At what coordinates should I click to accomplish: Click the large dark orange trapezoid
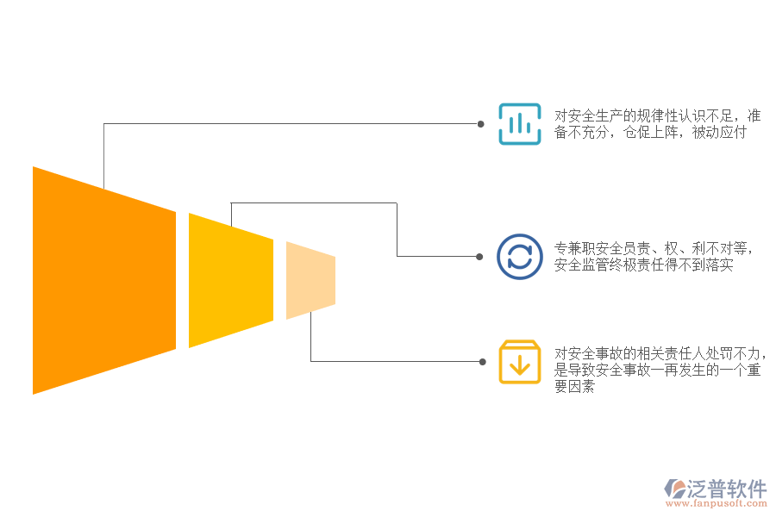(104, 281)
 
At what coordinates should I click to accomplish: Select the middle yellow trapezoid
(231, 281)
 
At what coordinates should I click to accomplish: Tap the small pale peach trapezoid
(310, 281)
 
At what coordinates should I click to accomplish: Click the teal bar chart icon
(520, 124)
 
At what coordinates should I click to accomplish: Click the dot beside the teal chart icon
(480, 124)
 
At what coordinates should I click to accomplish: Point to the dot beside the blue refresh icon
(479, 257)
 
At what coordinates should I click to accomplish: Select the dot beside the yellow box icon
(483, 362)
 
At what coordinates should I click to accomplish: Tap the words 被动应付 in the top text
(718, 132)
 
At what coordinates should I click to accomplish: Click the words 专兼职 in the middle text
(574, 248)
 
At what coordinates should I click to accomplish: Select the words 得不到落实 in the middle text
(698, 265)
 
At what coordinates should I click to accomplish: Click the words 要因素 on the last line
(574, 386)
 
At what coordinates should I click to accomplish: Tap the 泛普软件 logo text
(727, 489)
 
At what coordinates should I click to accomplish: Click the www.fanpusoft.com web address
(716, 503)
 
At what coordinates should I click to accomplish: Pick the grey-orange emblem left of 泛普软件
(674, 489)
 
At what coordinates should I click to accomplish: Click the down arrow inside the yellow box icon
(520, 365)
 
